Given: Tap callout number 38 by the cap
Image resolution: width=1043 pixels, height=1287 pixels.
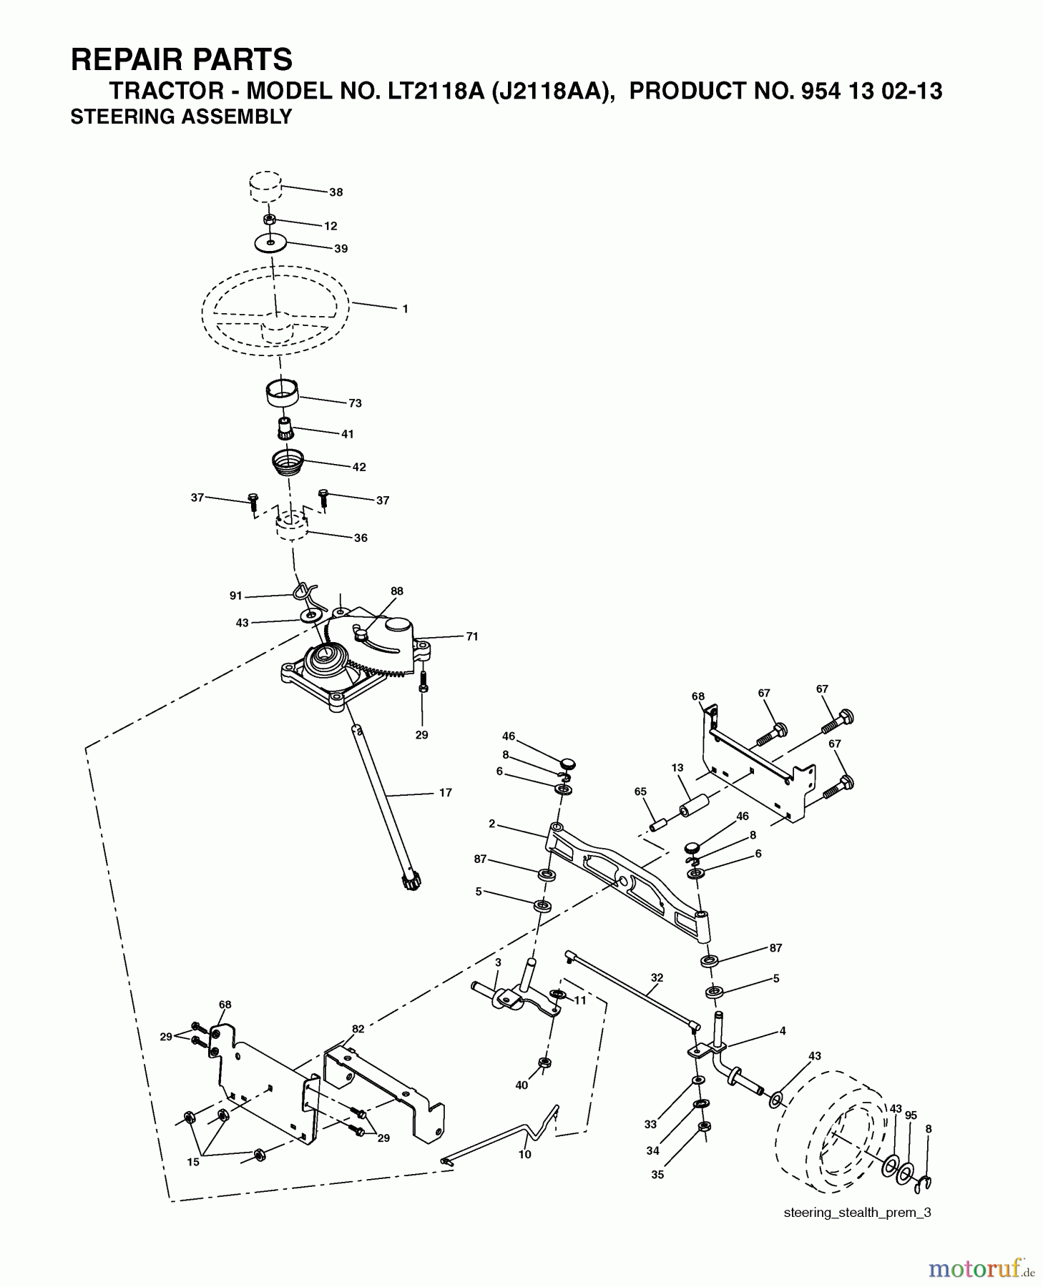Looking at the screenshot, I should pos(336,192).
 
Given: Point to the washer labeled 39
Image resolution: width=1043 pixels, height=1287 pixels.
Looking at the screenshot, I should pos(270,243).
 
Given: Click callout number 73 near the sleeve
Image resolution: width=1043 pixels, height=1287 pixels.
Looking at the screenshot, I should pos(355,403).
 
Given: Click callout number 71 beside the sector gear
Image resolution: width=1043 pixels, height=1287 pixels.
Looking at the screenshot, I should pos(471,636).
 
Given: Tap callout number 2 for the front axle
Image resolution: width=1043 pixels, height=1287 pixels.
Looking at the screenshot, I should pos(492,824).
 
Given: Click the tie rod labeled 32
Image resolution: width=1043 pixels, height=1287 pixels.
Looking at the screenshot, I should pos(630,990).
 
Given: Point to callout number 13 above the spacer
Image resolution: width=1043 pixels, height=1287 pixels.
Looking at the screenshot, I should pos(677,767).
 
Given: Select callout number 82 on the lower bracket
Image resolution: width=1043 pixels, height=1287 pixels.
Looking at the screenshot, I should pos(358,1029).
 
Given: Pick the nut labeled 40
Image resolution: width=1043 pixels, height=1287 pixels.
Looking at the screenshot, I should pos(544,1062).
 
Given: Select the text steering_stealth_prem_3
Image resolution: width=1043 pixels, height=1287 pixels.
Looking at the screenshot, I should pos(857,1212).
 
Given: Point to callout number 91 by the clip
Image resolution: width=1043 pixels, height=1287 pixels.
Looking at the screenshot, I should pos(236,596).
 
